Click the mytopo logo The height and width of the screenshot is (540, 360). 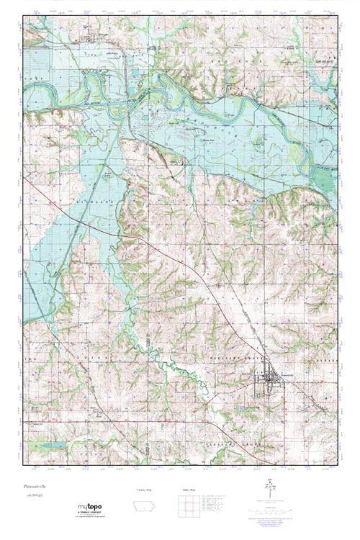coord(91,508)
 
